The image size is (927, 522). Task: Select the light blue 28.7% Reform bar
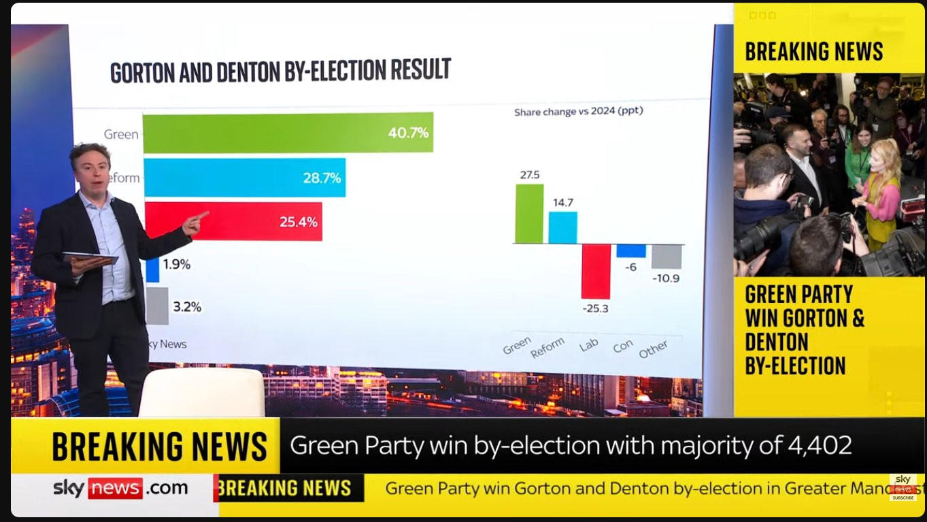click(245, 178)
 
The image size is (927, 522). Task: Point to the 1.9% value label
click(177, 264)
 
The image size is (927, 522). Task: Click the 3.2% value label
click(187, 307)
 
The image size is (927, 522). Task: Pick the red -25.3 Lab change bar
click(596, 271)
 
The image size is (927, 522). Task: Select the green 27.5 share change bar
click(529, 214)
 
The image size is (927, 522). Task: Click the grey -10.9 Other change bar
click(667, 257)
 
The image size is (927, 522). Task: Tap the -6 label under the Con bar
click(630, 267)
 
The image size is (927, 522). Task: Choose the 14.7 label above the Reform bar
click(562, 203)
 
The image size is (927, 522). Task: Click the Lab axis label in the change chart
click(589, 345)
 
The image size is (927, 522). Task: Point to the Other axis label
click(653, 349)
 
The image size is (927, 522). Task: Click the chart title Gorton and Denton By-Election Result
click(280, 71)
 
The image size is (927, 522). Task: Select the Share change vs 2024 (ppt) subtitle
click(578, 111)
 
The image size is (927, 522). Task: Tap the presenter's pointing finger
click(201, 216)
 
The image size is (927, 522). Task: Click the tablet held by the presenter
click(90, 258)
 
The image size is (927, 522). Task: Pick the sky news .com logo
click(120, 488)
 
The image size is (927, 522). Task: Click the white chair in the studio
click(202, 393)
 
